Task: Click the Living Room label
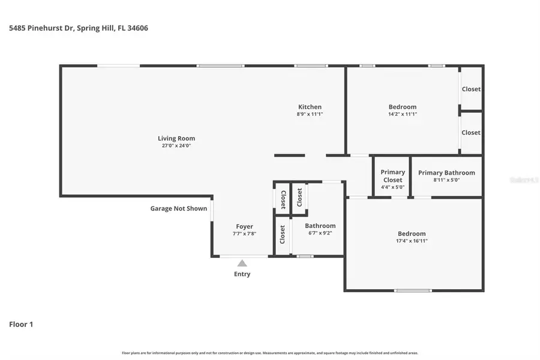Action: (176, 139)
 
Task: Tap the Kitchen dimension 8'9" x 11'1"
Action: (310, 114)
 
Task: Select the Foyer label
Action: (244, 227)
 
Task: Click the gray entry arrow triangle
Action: (242, 263)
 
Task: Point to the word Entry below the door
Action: (242, 274)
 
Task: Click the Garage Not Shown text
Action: (178, 209)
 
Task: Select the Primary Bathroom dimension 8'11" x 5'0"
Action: (446, 180)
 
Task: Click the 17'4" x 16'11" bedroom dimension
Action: (412, 241)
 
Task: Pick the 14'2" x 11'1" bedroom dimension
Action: (402, 114)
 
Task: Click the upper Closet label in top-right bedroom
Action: (471, 89)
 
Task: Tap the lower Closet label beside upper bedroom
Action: (471, 133)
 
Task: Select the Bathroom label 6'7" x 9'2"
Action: (320, 226)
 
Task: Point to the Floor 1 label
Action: (21, 325)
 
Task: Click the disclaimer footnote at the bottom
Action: (270, 353)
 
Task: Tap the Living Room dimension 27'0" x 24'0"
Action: (176, 145)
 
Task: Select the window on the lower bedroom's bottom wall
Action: (413, 290)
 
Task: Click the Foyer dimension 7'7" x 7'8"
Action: (244, 234)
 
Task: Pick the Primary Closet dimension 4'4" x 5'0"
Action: (393, 187)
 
